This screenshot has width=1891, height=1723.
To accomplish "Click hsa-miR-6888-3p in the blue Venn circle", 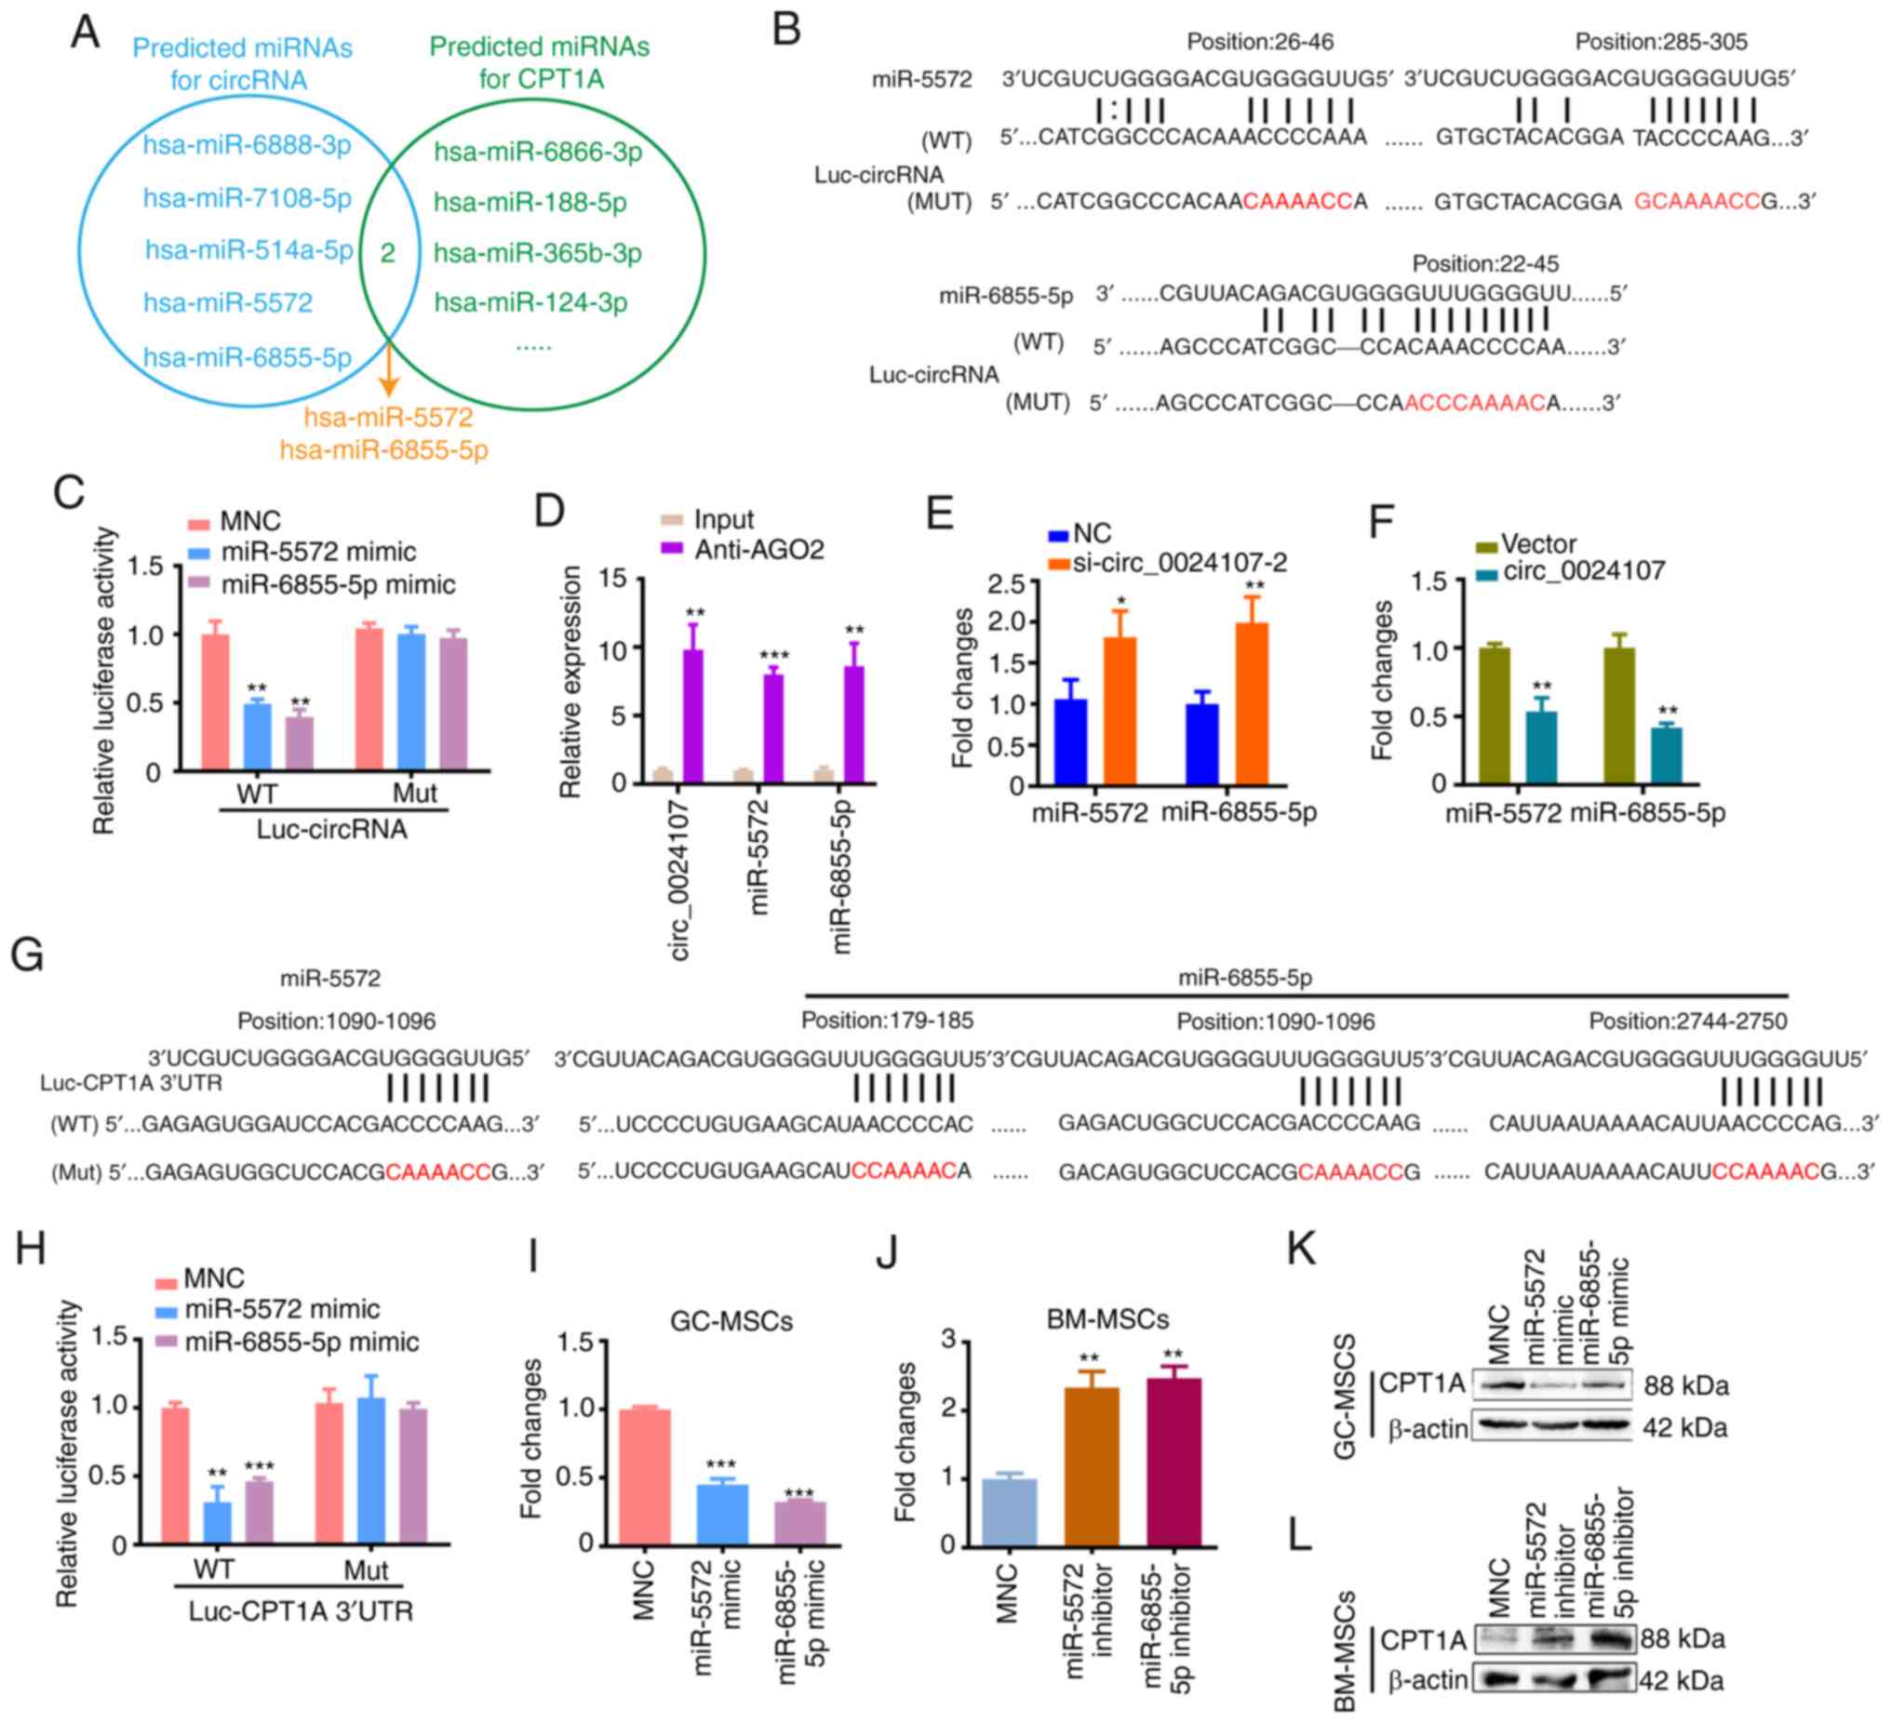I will coord(247,145).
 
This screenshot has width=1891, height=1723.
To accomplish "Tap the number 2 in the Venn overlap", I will coord(387,252).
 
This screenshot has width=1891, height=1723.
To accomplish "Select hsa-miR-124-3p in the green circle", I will coord(530,302).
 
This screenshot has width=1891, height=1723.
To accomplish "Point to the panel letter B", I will coord(786,30).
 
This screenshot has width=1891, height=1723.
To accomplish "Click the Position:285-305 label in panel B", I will coord(1660,41).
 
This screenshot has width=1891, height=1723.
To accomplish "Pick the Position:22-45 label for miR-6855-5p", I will coord(1485,263).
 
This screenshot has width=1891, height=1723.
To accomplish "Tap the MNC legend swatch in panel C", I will coord(198,523).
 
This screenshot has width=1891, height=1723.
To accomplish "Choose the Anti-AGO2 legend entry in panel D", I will coord(758,550).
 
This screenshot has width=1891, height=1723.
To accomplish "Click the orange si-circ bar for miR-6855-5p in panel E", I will coord(1252,702).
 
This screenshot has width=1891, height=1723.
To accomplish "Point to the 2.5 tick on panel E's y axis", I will coord(1005,583).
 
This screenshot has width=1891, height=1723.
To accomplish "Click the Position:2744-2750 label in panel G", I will coord(1687,1021).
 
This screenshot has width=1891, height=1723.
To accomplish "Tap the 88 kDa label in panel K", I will coord(1685,1385).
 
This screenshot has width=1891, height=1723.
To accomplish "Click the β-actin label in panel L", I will coord(1428,1680).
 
